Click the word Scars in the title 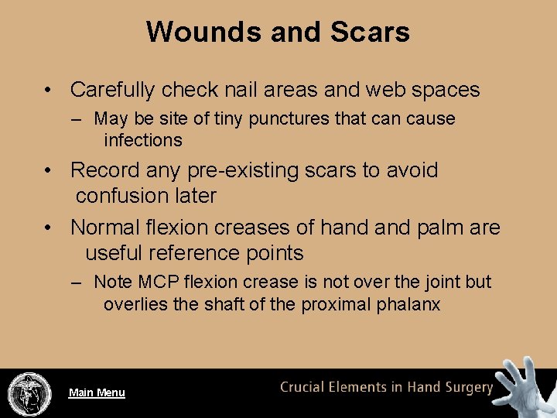pyautogui.click(x=369, y=32)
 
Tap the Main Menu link pyautogui.click(x=97, y=392)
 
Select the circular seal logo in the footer pyautogui.click(x=29, y=394)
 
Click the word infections pyautogui.click(x=143, y=140)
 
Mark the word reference pyautogui.click(x=196, y=253)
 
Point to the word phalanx pyautogui.click(x=409, y=305)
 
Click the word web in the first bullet pyautogui.click(x=379, y=90)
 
